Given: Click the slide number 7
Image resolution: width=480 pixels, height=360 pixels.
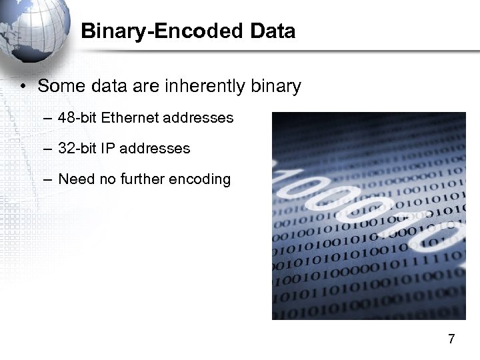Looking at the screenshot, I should coord(451,339).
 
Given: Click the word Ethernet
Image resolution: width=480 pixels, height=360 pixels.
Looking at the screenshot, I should coord(130,118).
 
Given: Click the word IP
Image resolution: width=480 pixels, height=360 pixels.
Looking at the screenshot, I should coord(107,149).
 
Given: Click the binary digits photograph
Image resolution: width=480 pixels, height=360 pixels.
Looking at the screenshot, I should coord(369,216).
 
